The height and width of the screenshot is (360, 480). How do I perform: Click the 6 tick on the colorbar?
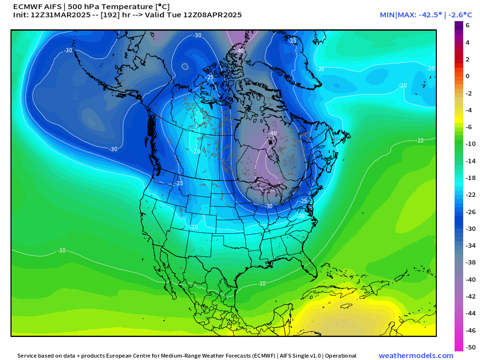click(x=467, y=25)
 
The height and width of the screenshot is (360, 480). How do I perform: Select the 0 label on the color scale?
click(x=467, y=76)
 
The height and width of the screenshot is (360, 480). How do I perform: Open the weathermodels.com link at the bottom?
click(x=416, y=356)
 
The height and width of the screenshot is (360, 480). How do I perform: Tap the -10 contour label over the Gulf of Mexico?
click(x=262, y=284)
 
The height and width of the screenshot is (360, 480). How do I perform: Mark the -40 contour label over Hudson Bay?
click(x=273, y=133)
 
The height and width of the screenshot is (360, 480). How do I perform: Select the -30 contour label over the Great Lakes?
click(x=269, y=206)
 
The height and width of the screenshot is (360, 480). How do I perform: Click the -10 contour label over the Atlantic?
click(x=420, y=141)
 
